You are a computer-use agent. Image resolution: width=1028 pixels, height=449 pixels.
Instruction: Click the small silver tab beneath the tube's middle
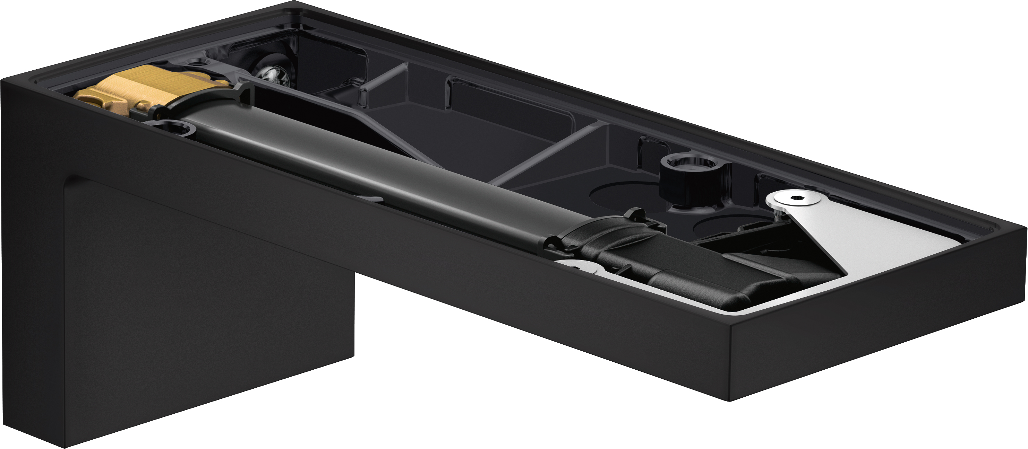[369, 198]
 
